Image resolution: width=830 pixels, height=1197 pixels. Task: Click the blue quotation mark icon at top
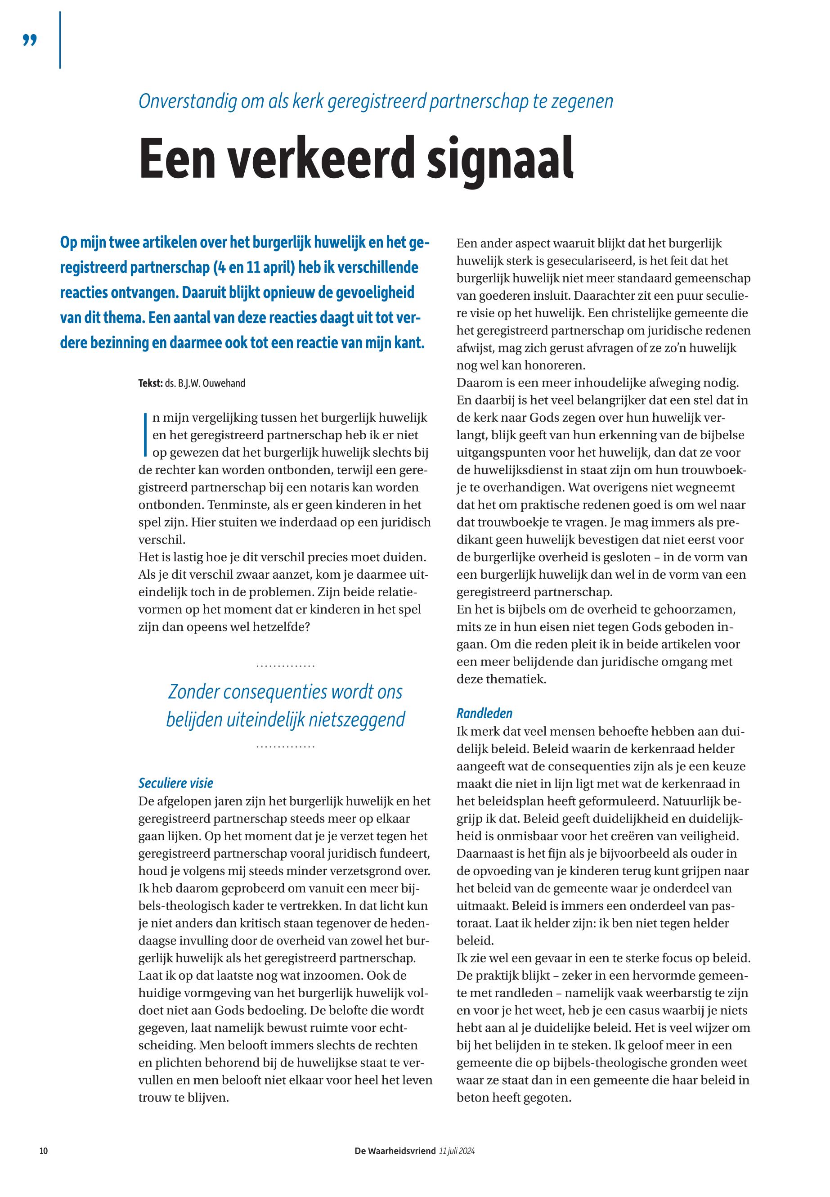pos(30,40)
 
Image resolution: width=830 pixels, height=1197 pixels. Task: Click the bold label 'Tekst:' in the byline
pos(150,384)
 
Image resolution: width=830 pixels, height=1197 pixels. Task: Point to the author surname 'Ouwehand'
pos(224,384)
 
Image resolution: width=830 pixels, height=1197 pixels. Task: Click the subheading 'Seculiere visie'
pos(176,783)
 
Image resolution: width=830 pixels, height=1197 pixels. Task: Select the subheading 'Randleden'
pos(484,713)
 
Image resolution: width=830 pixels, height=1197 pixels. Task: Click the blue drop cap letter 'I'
pos(144,434)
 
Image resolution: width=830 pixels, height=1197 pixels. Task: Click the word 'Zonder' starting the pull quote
pos(194,692)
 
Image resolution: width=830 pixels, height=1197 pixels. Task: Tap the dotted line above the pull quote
pos(286,666)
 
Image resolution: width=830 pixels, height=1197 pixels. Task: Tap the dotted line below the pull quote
pos(286,747)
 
